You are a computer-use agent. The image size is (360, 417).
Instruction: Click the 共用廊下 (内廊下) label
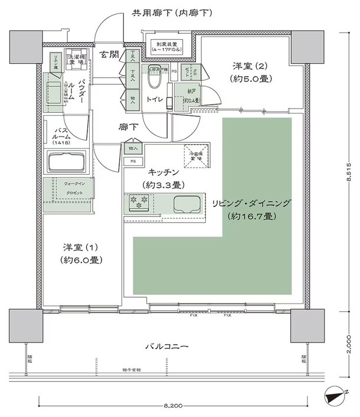172,12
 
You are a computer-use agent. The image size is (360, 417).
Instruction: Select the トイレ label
155,100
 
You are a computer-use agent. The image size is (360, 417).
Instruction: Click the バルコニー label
166,346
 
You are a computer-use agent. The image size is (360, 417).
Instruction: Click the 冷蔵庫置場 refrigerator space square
195,154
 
